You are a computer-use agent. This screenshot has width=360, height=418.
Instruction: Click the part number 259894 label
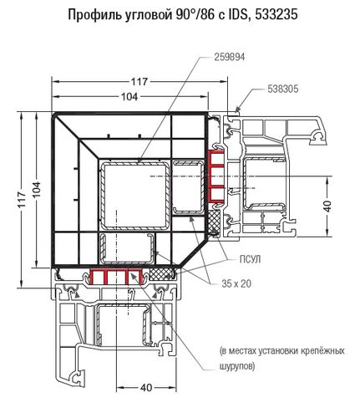230,57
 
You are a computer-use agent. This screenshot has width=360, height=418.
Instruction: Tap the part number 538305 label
282,89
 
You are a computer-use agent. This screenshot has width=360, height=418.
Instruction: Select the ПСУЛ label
251,259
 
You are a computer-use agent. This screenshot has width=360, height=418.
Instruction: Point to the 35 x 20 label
236,283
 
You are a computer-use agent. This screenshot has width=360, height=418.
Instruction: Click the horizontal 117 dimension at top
139,82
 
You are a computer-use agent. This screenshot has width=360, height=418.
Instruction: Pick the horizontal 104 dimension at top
129,97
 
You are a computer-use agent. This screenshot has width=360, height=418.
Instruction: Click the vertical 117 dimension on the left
22,200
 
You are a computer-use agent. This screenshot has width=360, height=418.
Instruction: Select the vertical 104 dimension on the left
37,190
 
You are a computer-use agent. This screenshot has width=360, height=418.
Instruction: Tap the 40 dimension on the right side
328,206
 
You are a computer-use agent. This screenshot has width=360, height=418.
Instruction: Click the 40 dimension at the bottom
146,388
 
